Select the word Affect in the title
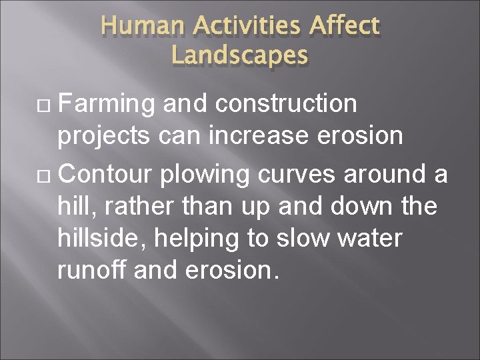[x=344, y=27]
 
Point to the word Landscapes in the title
[x=239, y=55]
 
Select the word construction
[x=289, y=105]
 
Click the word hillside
[x=106, y=238]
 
